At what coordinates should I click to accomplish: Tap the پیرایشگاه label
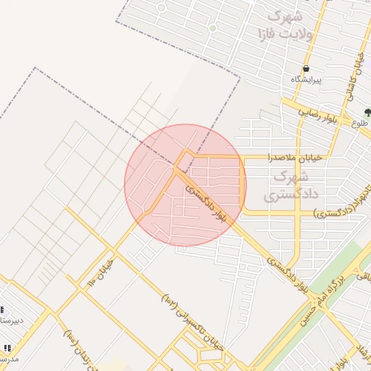pyautogui.click(x=307, y=78)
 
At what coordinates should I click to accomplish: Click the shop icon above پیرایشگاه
pyautogui.click(x=307, y=67)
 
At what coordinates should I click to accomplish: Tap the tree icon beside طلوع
pyautogui.click(x=368, y=112)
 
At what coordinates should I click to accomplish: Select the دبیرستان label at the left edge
pyautogui.click(x=12, y=320)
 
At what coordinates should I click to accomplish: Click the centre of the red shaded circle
pyautogui.click(x=185, y=185)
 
